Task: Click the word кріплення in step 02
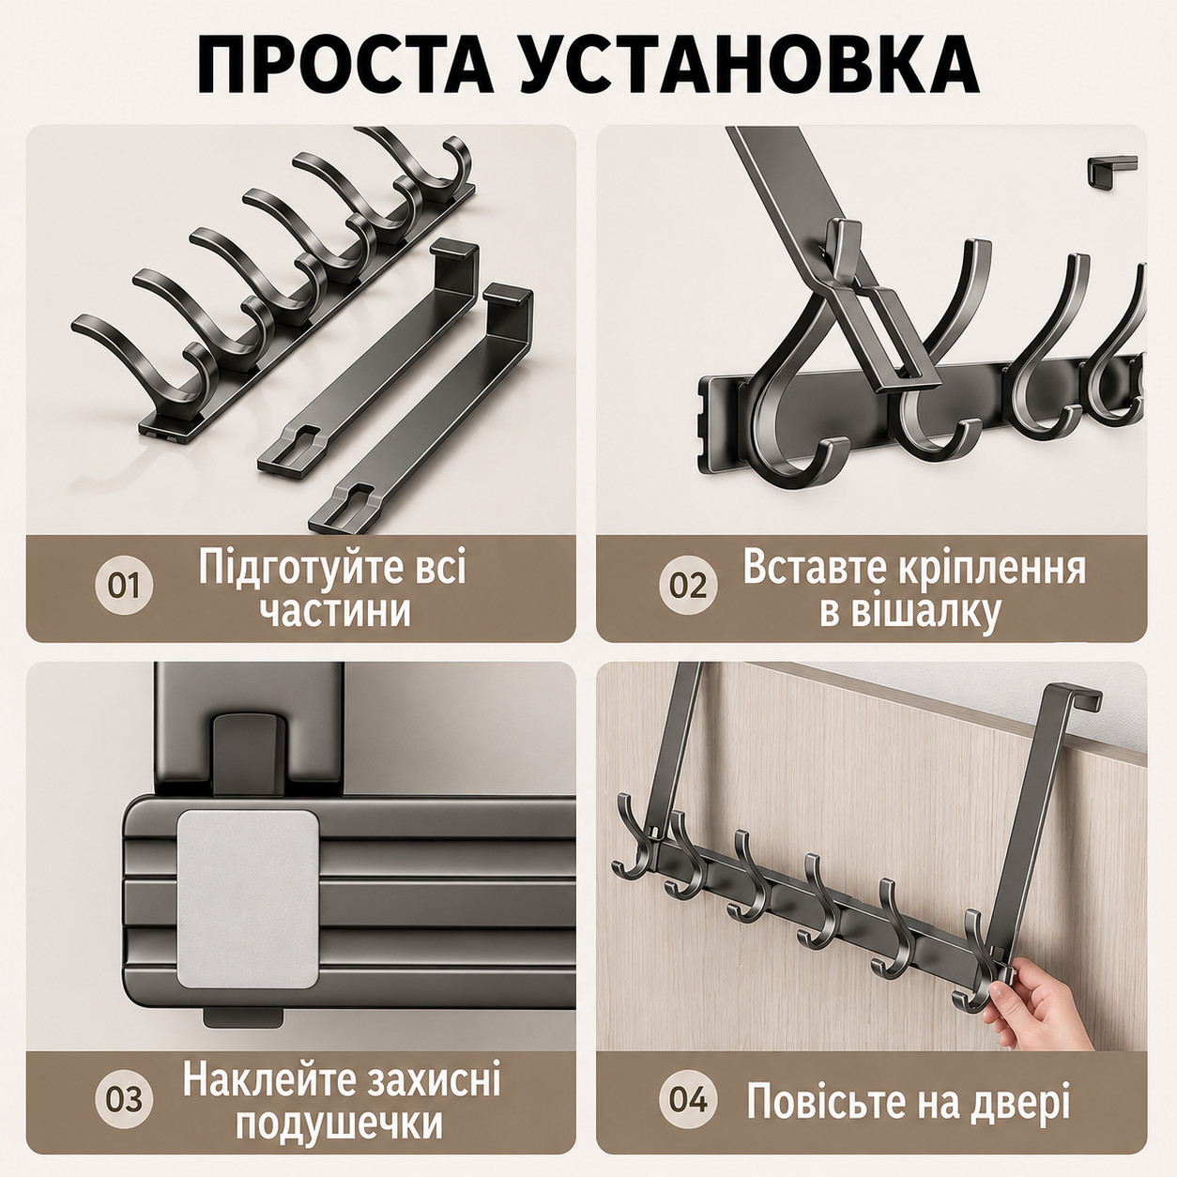point(984,568)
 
